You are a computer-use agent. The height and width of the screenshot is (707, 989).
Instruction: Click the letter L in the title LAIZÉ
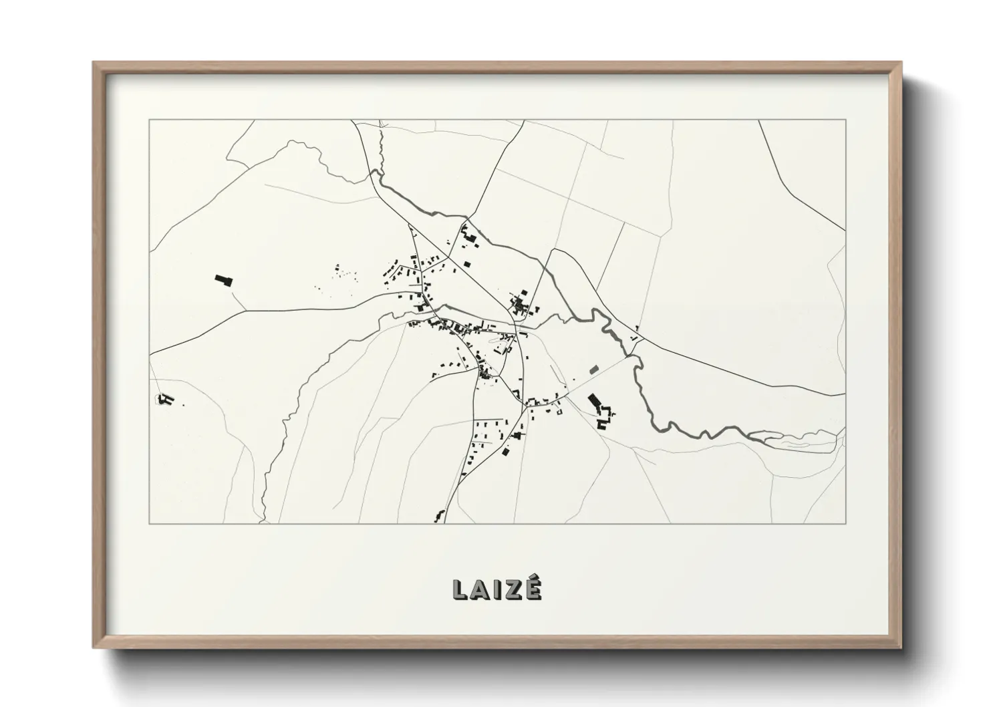pyautogui.click(x=460, y=589)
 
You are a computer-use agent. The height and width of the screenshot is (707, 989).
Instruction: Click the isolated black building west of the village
pyautogui.click(x=223, y=280)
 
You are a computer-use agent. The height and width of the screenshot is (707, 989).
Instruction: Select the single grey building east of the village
pyautogui.click(x=593, y=368)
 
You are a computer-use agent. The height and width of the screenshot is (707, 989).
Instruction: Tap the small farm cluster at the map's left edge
pyautogui.click(x=165, y=400)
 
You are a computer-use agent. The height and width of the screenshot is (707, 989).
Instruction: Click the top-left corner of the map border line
pyautogui.click(x=149, y=120)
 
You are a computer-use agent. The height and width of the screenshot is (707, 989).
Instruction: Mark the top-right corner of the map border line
pyautogui.click(x=845, y=120)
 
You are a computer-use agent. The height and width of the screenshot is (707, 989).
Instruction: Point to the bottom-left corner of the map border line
pyautogui.click(x=149, y=523)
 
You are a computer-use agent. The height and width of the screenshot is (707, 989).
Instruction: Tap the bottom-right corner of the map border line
pyautogui.click(x=845, y=523)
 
